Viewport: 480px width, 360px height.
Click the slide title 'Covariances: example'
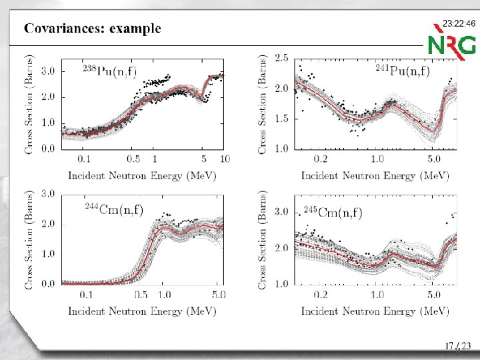(x=93, y=29)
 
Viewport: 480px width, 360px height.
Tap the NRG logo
(x=452, y=44)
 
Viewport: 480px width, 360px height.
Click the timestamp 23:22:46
(x=459, y=23)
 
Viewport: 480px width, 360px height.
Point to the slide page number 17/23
(x=458, y=345)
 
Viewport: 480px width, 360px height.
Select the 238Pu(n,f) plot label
(x=117, y=71)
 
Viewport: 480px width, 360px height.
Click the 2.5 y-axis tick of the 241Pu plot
(x=282, y=59)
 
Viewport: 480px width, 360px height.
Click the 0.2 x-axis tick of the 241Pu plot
(x=321, y=159)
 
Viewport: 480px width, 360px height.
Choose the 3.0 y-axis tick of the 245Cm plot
(x=282, y=212)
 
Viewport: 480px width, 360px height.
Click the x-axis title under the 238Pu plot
(x=141, y=175)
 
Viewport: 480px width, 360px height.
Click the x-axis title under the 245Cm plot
(x=375, y=311)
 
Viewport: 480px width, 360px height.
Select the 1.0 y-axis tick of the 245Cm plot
(x=282, y=283)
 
